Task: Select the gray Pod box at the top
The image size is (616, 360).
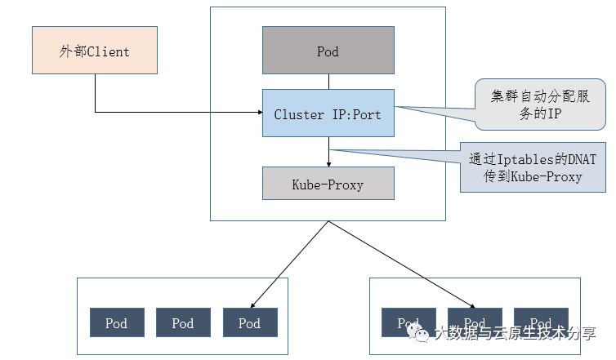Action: (x=328, y=51)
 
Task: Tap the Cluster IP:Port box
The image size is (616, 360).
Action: (x=328, y=113)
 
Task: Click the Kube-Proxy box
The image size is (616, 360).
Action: (x=328, y=184)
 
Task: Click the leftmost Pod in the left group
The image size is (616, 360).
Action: (x=117, y=323)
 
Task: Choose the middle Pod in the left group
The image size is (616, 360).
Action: (x=183, y=323)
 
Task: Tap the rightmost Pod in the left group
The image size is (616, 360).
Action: (x=250, y=323)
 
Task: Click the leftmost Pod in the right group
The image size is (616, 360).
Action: (x=409, y=323)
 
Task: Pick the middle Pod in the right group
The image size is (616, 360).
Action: (x=475, y=323)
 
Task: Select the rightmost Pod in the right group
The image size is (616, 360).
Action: (x=541, y=323)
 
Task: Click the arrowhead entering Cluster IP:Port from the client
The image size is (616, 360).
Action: (x=259, y=112)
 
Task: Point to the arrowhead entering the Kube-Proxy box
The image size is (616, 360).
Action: (x=328, y=163)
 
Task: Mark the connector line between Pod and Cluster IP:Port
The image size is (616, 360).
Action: (x=328, y=82)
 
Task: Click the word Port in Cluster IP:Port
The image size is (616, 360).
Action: (x=365, y=114)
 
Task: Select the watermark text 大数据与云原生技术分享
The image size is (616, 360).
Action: (x=515, y=333)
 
